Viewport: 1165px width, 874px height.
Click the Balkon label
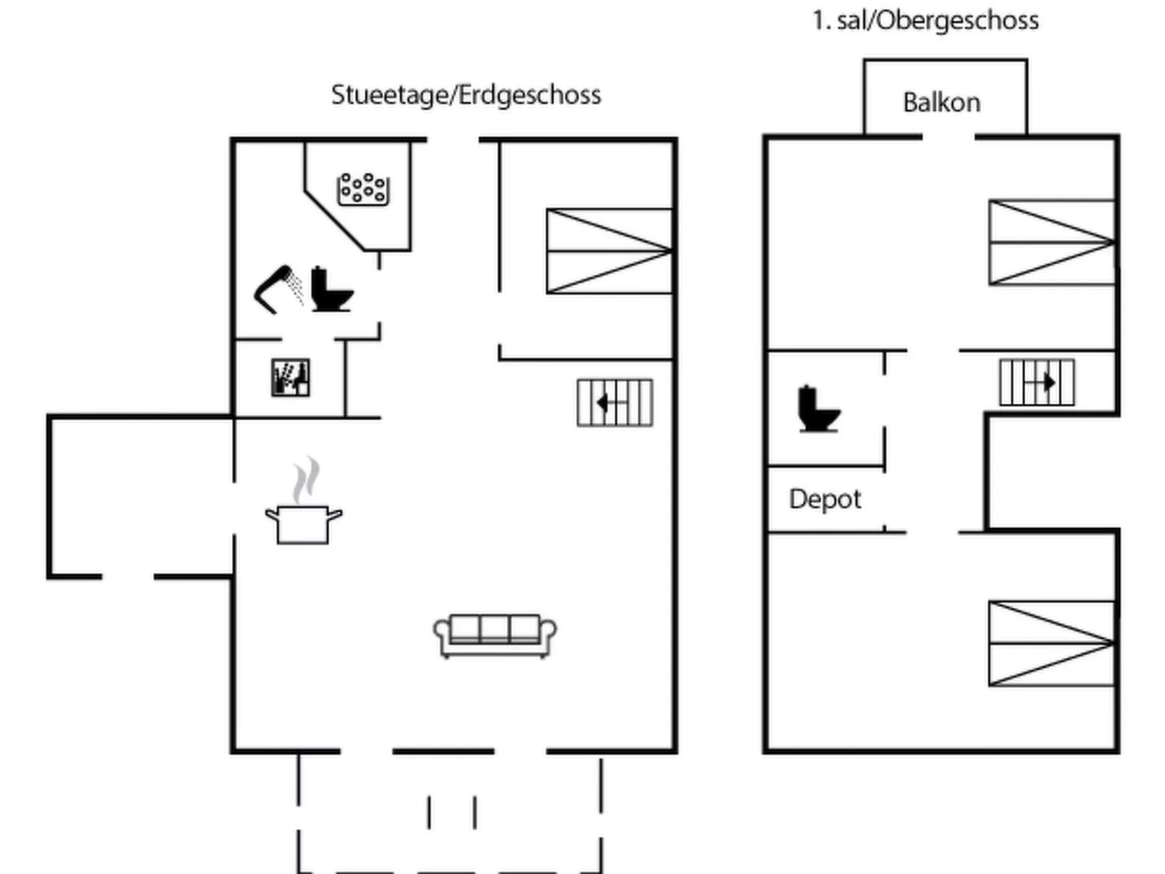pyautogui.click(x=941, y=103)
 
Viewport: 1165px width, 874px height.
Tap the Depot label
pyautogui.click(x=825, y=499)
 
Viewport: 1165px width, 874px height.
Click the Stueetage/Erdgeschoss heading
pyautogui.click(x=466, y=95)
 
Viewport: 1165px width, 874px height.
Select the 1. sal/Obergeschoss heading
pyautogui.click(x=925, y=20)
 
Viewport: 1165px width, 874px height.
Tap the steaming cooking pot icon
pyautogui.click(x=303, y=522)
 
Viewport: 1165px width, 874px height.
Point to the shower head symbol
pyautogui.click(x=276, y=289)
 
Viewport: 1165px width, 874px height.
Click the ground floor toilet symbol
pyautogui.click(x=331, y=290)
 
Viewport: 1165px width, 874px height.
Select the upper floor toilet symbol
pyautogui.click(x=818, y=409)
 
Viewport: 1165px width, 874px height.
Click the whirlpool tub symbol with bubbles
pyautogui.click(x=363, y=189)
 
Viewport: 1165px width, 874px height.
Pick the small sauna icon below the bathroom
pyautogui.click(x=291, y=377)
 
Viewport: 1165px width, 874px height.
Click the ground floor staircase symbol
pyautogui.click(x=614, y=403)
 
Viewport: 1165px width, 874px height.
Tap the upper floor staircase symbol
pyautogui.click(x=1037, y=382)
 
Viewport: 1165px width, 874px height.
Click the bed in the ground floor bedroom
pyautogui.click(x=609, y=251)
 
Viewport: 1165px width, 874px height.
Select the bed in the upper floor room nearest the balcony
pyautogui.click(x=1051, y=242)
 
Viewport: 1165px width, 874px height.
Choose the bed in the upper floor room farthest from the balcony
pyautogui.click(x=1051, y=643)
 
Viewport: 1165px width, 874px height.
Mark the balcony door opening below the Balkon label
pyautogui.click(x=948, y=136)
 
